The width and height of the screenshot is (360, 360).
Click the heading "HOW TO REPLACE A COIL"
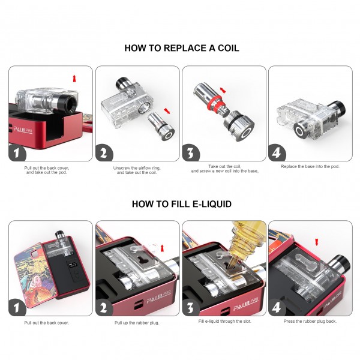pyautogui.click(x=182, y=48)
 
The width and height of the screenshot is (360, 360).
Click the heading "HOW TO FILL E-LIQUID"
pyautogui.click(x=182, y=204)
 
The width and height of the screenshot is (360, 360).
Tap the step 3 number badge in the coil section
pyautogui.click(x=191, y=153)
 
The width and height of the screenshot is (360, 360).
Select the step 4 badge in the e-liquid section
pyautogui.click(x=277, y=307)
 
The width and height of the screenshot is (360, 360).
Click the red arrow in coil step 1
pyautogui.click(x=74, y=78)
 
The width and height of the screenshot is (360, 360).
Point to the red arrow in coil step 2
pyautogui.click(x=167, y=110)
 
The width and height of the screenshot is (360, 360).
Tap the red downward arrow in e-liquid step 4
pyautogui.click(x=317, y=242)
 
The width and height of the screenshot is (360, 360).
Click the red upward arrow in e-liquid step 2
pyautogui.click(x=163, y=248)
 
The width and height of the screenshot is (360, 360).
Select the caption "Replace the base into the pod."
pyautogui.click(x=310, y=166)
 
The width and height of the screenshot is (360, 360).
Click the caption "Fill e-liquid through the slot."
pyautogui.click(x=224, y=321)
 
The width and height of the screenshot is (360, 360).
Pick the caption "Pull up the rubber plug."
pyautogui.click(x=137, y=323)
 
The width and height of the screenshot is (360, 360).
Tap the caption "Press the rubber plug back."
pyautogui.click(x=310, y=321)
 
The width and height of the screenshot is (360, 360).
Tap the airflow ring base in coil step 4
pyautogui.click(x=302, y=130)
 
